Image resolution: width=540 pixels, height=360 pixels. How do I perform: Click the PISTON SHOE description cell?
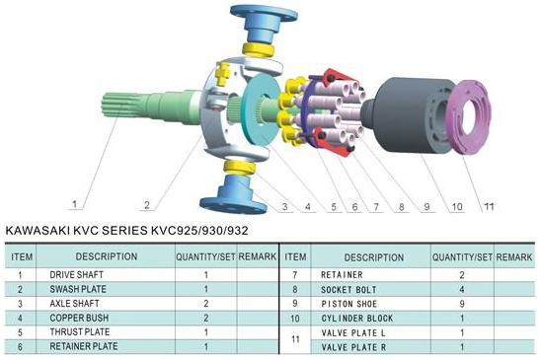tap(356, 304)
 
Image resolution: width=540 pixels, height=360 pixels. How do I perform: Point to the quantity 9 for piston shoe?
tap(461, 304)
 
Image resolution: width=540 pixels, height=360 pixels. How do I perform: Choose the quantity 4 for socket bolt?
tap(461, 288)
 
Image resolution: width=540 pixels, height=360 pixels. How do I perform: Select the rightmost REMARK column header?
tap(515, 256)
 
